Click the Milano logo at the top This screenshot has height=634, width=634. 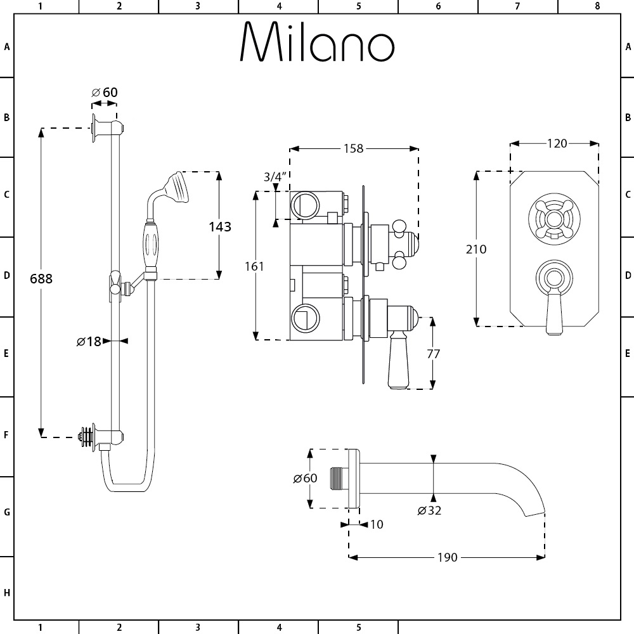(x=317, y=42)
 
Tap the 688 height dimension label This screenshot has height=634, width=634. (x=41, y=278)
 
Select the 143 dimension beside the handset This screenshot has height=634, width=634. (x=219, y=226)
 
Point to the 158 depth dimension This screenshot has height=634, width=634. (x=353, y=148)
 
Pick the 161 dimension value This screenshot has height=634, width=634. (x=254, y=266)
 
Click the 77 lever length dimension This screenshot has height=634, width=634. (x=433, y=354)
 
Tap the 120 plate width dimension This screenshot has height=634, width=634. (x=557, y=143)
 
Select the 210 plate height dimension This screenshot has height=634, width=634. (x=476, y=249)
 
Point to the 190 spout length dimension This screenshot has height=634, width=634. (x=447, y=557)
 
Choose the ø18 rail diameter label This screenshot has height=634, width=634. (x=89, y=341)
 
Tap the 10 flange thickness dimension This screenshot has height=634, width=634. (x=377, y=524)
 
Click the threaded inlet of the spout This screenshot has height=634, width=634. (x=339, y=479)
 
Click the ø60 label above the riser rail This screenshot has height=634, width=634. (x=105, y=93)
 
